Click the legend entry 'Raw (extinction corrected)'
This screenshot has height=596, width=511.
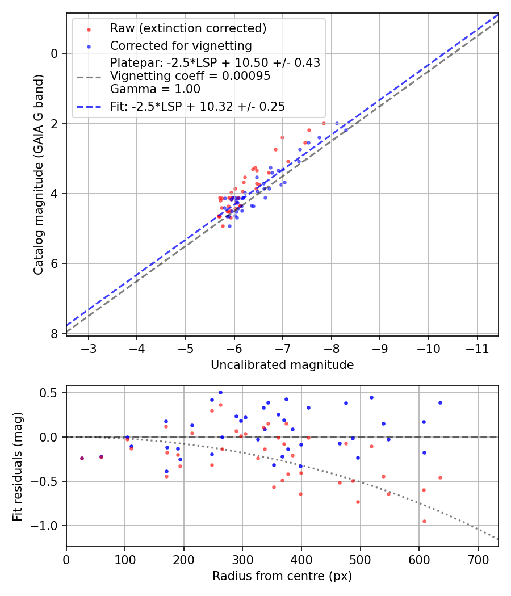click(x=188, y=28)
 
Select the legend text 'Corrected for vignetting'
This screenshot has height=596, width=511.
click(x=181, y=45)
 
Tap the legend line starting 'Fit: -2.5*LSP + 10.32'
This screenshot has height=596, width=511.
click(x=198, y=106)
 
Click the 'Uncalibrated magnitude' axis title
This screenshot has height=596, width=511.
click(x=282, y=365)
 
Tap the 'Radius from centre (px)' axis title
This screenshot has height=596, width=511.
click(x=282, y=576)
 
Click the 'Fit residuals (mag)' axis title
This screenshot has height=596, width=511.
click(x=18, y=466)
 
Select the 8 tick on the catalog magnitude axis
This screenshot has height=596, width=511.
click(x=55, y=334)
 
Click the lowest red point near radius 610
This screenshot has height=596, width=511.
click(x=424, y=521)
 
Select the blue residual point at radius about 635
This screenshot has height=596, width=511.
click(x=440, y=402)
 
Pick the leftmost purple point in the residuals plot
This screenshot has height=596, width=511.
click(x=82, y=458)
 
